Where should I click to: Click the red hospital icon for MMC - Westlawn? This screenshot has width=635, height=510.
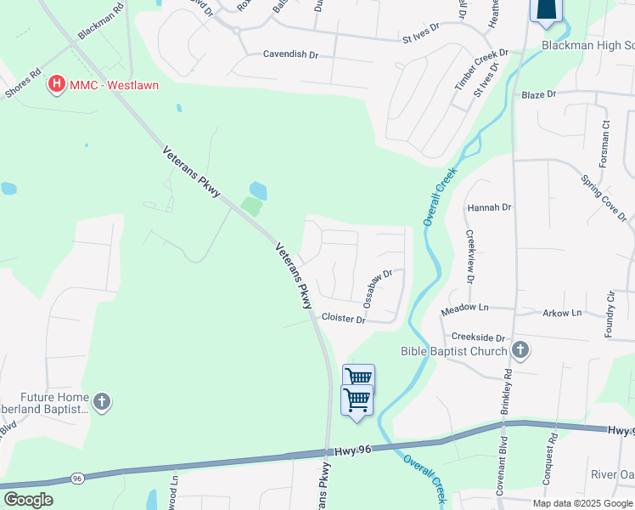coord(57,83)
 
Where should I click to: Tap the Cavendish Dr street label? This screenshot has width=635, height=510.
coord(290,54)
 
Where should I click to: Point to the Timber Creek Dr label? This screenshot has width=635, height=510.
coord(480,69)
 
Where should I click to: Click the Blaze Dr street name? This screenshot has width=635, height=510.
coord(538,94)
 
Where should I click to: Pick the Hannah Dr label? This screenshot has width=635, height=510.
coord(490,207)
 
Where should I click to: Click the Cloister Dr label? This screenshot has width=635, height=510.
coord(343,319)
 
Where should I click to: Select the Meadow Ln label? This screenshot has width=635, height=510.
coord(465,307)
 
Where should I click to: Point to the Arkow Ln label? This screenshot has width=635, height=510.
coord(562,313)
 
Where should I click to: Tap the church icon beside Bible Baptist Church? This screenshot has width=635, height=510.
coord(521,350)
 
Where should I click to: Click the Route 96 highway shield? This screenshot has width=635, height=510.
coord(77,479)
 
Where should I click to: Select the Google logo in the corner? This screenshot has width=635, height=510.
coord(28,500)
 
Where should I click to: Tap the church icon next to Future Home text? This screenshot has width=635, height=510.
coord(102,401)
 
